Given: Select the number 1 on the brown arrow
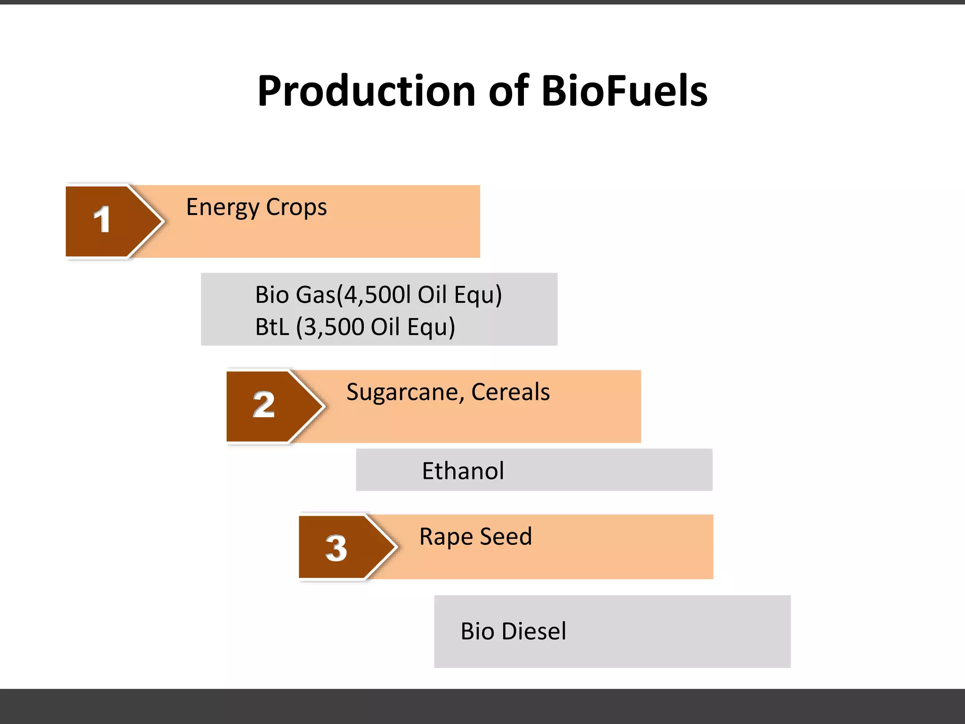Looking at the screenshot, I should click(102, 220).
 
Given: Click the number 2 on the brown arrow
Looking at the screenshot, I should click(263, 405).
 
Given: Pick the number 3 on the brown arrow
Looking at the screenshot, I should click(336, 548).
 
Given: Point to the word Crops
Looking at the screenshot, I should click(296, 207).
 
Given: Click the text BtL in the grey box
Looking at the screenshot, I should click(272, 327).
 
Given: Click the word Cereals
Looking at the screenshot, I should click(510, 392).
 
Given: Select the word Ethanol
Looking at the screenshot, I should click(463, 471).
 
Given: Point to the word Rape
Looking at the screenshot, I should click(446, 537).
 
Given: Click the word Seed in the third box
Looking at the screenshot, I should click(506, 536).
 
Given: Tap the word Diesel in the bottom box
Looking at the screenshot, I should click(533, 631).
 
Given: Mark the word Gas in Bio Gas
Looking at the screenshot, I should click(315, 295).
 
